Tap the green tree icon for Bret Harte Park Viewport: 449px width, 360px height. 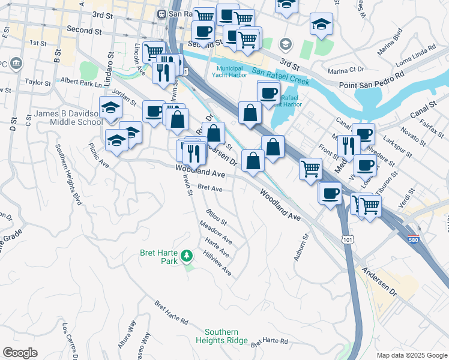pos(187,257)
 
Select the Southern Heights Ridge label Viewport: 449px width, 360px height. pos(221,337)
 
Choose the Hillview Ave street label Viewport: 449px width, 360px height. pos(218,263)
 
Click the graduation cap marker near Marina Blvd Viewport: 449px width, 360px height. pos(321,25)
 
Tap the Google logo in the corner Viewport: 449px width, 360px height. pos(20,353)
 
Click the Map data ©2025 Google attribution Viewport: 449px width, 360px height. pos(411,355)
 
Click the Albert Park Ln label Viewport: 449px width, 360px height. pos(80,82)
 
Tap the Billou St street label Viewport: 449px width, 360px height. pos(216,217)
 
